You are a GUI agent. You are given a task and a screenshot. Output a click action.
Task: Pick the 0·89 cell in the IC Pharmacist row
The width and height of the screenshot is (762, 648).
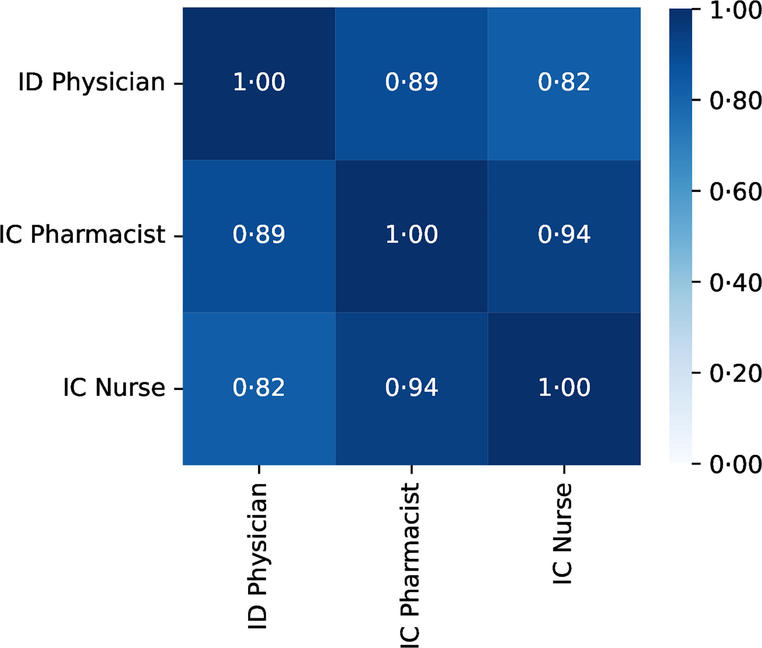(259, 235)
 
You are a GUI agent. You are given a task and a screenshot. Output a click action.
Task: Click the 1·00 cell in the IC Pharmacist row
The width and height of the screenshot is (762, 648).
(411, 235)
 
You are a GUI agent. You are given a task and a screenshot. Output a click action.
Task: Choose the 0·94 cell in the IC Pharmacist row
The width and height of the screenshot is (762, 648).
(564, 235)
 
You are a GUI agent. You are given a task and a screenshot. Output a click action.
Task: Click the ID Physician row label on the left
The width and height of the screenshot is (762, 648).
(91, 83)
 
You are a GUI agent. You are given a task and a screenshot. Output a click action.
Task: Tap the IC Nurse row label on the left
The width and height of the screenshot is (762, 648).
(114, 388)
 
